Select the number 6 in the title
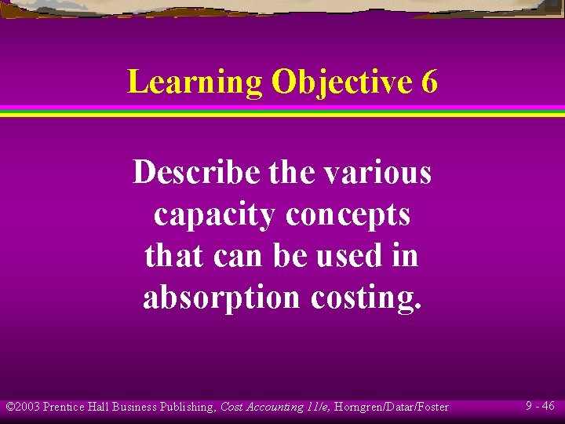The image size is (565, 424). (x=429, y=82)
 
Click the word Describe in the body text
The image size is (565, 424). (x=195, y=173)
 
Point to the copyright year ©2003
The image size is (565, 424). (x=23, y=407)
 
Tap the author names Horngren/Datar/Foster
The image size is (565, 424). (x=391, y=407)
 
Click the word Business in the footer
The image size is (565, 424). (x=134, y=407)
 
